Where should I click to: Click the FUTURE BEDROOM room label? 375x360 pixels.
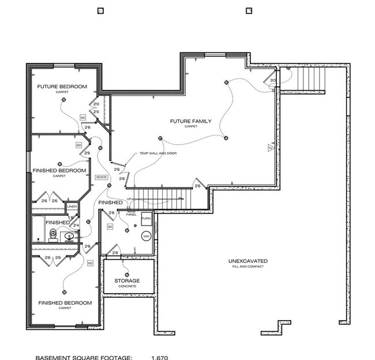click(x=62, y=87)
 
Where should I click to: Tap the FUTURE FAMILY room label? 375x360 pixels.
click(x=190, y=121)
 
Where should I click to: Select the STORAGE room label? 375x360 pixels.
click(x=127, y=281)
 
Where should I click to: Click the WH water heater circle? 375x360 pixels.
click(x=146, y=237)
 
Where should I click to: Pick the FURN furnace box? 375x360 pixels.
click(x=146, y=220)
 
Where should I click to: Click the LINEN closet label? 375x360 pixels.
click(x=72, y=206)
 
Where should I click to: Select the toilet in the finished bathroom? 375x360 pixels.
click(x=53, y=234)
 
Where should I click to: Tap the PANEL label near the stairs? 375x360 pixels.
click(x=131, y=214)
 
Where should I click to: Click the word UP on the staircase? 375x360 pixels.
click(x=130, y=199)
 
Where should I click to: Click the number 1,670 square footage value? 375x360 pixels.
click(x=160, y=357)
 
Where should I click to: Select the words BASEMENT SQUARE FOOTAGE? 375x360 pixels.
click(x=84, y=357)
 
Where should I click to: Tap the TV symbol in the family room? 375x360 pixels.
click(x=269, y=149)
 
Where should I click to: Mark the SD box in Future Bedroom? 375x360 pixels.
click(x=82, y=117)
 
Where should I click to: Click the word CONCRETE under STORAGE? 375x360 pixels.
click(x=127, y=287)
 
